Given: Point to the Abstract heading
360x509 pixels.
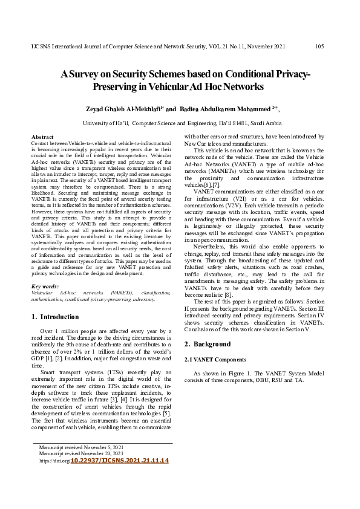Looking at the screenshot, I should [x=42, y=138].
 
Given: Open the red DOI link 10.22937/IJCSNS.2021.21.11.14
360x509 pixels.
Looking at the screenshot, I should [x=120, y=461].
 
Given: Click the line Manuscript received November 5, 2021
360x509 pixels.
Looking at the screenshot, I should [x=81, y=447].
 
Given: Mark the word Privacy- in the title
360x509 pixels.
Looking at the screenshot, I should [x=286, y=74].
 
